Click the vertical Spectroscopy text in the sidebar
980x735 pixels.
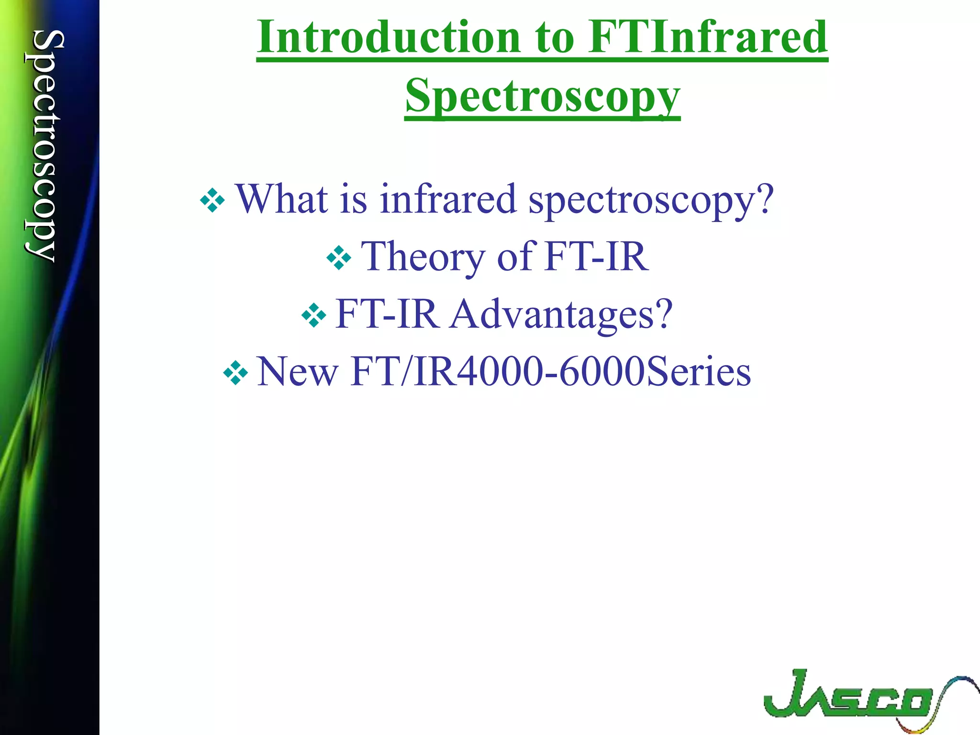coord(45,146)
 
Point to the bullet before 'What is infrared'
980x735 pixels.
coord(212,200)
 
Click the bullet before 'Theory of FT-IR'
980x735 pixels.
coord(339,258)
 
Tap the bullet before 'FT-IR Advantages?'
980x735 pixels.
coord(314,315)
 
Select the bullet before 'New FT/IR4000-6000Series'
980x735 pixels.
coord(235,373)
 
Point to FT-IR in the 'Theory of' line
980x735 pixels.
coord(597,257)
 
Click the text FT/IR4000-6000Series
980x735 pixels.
coord(550,372)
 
